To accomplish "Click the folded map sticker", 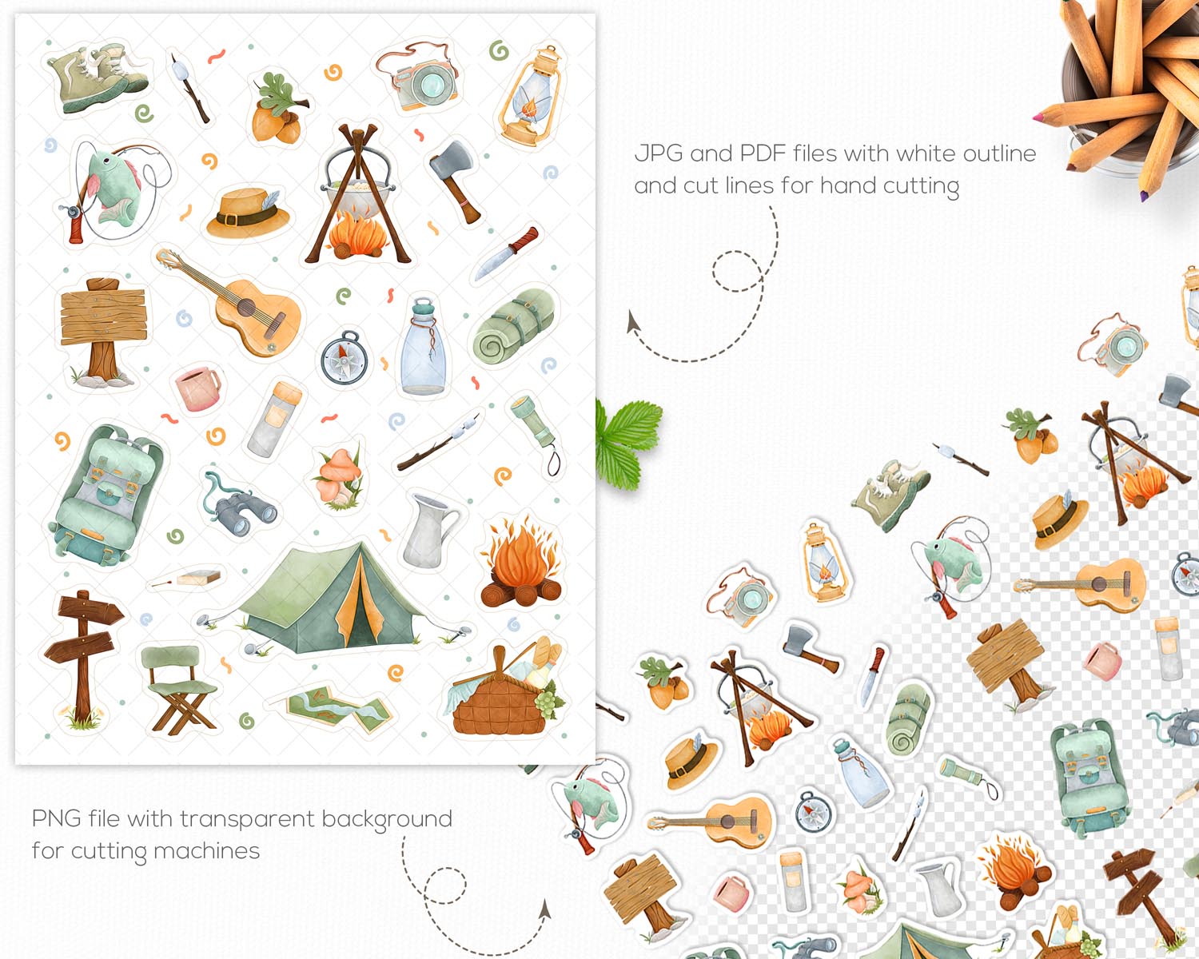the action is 339,709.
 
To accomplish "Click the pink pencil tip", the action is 1038,117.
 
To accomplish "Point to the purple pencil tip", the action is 1145,196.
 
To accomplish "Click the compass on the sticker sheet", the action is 345,358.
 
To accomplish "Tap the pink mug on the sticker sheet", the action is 197,388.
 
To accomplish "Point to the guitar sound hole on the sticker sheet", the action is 245,308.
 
